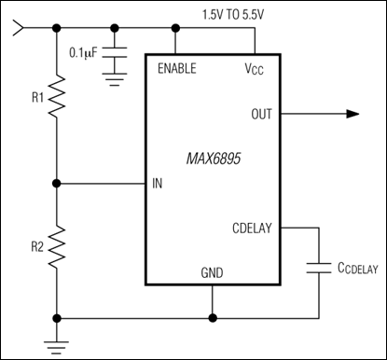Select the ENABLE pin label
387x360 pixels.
(179, 68)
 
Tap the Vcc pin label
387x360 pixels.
(252, 68)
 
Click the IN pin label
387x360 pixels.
(158, 183)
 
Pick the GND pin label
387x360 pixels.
(213, 273)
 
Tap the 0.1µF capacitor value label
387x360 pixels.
(86, 53)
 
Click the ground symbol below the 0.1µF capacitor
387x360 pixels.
(116, 82)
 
